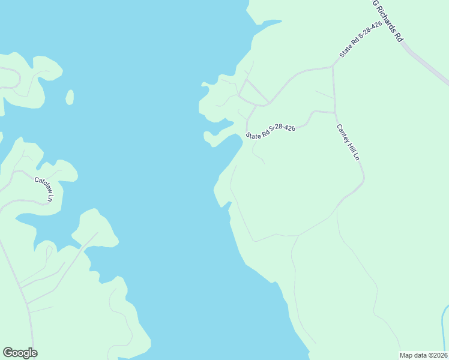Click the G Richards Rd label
click(x=387, y=20)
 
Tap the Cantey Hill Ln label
click(x=348, y=142)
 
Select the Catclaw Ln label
click(x=44, y=188)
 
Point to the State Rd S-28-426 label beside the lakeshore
click(x=271, y=132)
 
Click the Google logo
click(x=20, y=353)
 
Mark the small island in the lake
click(x=70, y=97)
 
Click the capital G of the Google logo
click(x=7, y=353)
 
